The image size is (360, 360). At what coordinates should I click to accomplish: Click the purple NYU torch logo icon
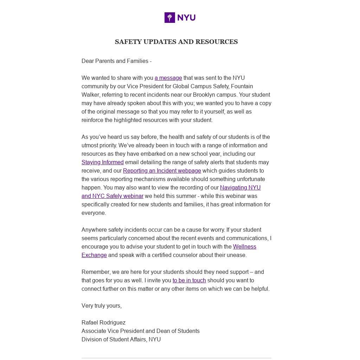pyautogui.click(x=169, y=18)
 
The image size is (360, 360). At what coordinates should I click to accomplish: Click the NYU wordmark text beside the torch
pyautogui.click(x=186, y=18)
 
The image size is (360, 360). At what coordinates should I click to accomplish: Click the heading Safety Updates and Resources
pyautogui.click(x=176, y=42)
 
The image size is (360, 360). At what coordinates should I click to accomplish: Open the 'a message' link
pyautogui.click(x=168, y=78)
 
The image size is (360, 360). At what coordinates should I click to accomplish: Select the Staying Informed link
pyautogui.click(x=102, y=162)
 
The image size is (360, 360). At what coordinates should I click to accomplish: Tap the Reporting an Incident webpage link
pyautogui.click(x=162, y=171)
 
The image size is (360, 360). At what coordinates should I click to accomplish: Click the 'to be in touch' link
pyautogui.click(x=189, y=281)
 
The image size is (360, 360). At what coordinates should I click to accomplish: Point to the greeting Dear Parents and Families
pyautogui.click(x=116, y=61)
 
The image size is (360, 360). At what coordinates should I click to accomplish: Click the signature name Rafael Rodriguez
pyautogui.click(x=103, y=323)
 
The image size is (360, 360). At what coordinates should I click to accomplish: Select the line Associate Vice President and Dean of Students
pyautogui.click(x=140, y=331)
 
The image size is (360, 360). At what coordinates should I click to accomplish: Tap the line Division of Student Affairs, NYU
pyautogui.click(x=121, y=340)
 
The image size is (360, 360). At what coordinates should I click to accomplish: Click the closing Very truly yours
pyautogui.click(x=101, y=306)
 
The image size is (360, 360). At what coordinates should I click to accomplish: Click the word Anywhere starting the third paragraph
pyautogui.click(x=94, y=230)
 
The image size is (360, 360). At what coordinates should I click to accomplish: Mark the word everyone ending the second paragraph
pyautogui.click(x=93, y=213)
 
